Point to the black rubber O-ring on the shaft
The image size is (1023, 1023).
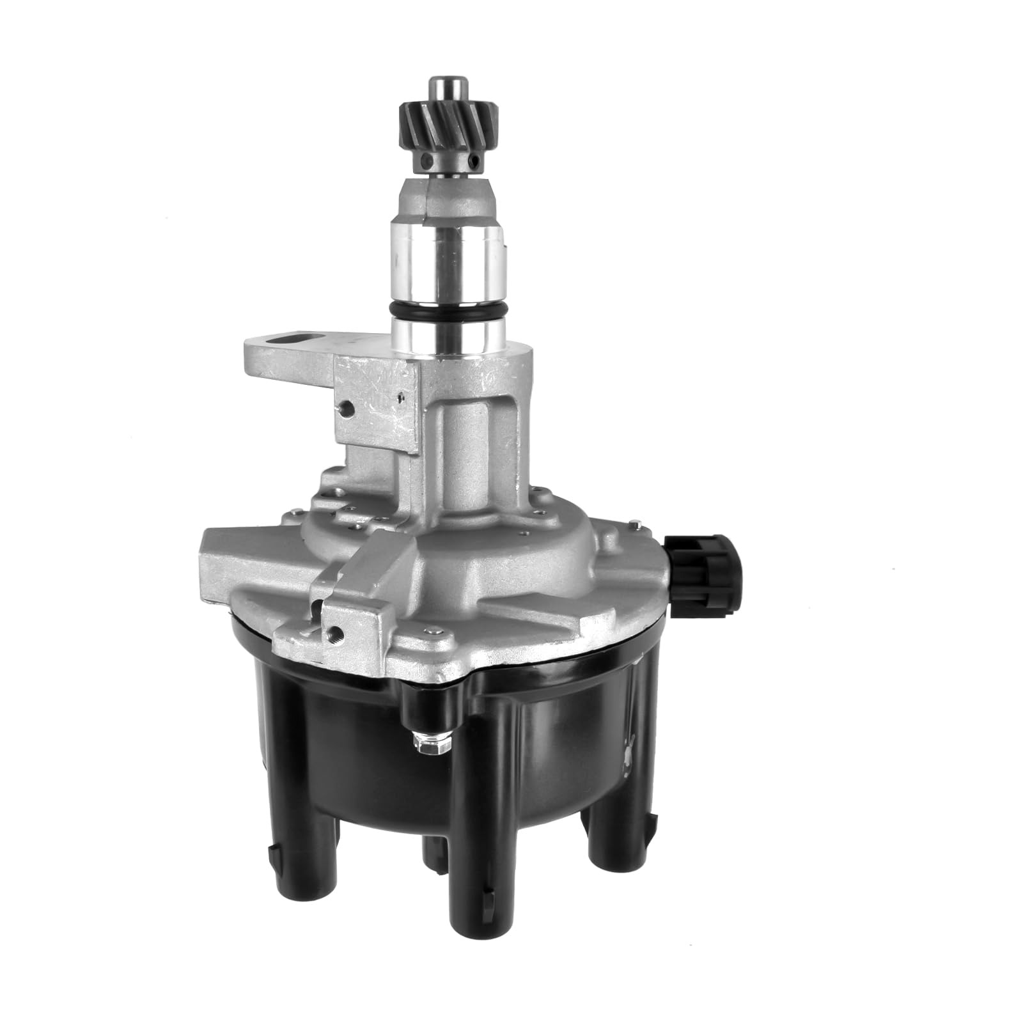(x=448, y=313)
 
